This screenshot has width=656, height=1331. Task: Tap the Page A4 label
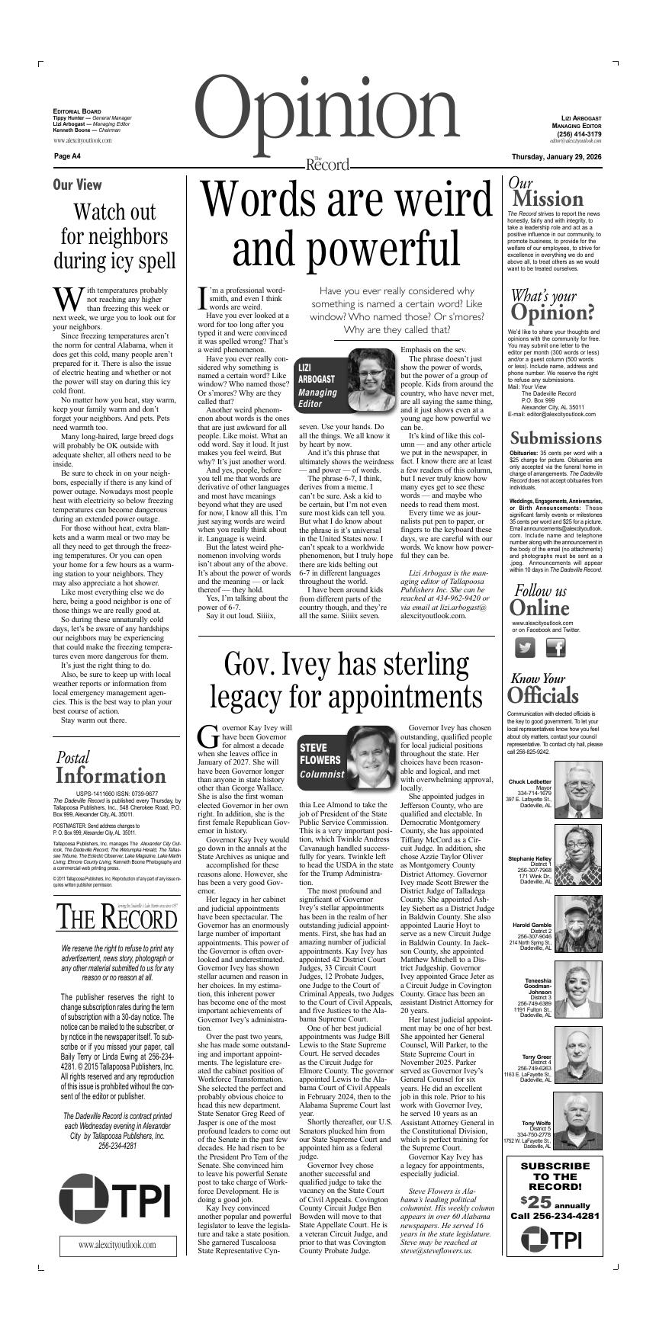coord(67,156)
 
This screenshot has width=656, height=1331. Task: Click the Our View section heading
coord(77,184)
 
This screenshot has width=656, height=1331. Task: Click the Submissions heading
coord(555,438)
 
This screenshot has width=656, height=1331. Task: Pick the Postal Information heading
coord(111,768)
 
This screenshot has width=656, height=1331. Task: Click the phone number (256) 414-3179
coord(579,134)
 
